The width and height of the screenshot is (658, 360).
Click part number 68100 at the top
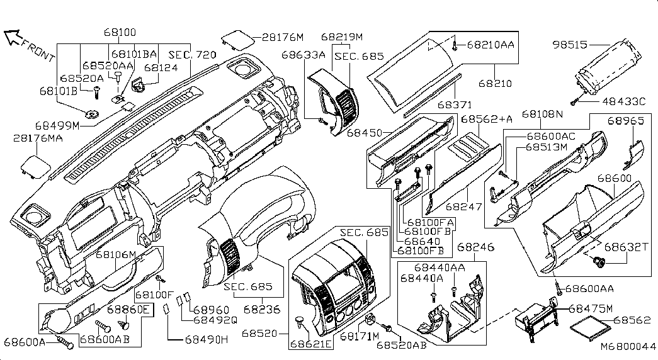tap(120, 32)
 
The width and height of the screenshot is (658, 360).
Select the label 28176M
tap(283, 37)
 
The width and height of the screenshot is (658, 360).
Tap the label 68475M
tap(591, 308)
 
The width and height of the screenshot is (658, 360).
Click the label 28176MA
tap(37, 138)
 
